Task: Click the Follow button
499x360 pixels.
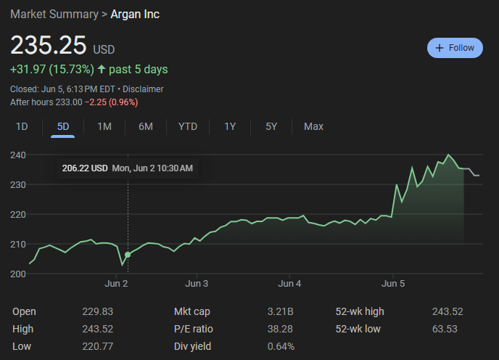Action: (455, 48)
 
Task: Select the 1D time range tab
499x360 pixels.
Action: (22, 127)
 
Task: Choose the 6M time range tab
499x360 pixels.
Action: (146, 127)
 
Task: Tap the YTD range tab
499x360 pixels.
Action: (188, 127)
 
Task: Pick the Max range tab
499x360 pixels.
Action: (313, 127)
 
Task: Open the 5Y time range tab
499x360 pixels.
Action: (271, 127)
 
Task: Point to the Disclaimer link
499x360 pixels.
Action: (143, 89)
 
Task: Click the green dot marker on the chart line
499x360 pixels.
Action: (128, 255)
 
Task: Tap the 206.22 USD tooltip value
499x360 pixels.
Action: (85, 168)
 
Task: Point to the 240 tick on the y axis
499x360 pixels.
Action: (18, 155)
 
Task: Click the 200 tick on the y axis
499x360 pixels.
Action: (18, 274)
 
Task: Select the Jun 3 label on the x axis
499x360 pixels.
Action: (197, 284)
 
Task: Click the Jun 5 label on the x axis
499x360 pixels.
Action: (393, 284)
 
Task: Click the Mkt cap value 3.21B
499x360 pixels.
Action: (280, 311)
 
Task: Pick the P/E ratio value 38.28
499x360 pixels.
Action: (280, 329)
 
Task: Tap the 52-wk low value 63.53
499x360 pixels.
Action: (445, 329)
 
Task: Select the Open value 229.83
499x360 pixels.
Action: (97, 311)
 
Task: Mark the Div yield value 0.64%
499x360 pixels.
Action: (281, 346)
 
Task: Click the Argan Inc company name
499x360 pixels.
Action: (135, 15)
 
